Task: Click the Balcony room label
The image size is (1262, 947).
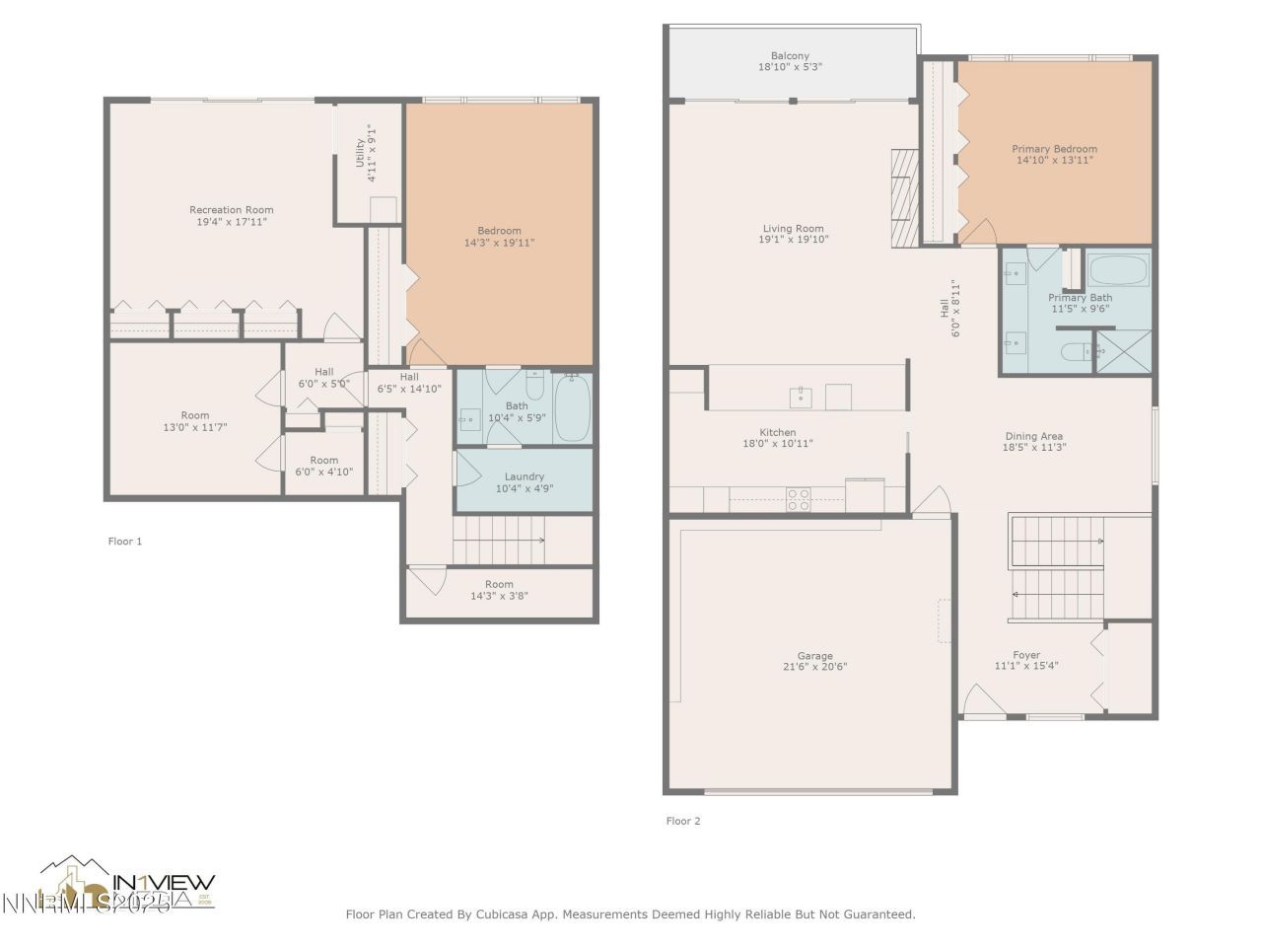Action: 790,56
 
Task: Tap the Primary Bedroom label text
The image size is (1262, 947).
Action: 1054,149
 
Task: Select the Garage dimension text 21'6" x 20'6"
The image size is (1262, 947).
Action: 814,667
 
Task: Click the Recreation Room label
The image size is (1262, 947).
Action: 232,209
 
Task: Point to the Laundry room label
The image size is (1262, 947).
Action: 524,476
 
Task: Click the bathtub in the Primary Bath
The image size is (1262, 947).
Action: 1117,269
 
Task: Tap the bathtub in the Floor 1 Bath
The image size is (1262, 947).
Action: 572,407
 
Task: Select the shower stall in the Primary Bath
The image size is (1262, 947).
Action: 1123,350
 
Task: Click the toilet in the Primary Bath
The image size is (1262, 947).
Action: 1076,350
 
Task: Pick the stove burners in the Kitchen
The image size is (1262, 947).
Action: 799,499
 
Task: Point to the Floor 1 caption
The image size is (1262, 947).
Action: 125,541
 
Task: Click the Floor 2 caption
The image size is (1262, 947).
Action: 683,821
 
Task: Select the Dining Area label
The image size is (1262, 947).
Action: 1033,436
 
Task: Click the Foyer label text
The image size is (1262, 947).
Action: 1026,655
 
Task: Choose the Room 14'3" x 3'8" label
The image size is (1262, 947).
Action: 499,584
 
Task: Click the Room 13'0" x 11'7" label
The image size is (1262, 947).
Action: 195,415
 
